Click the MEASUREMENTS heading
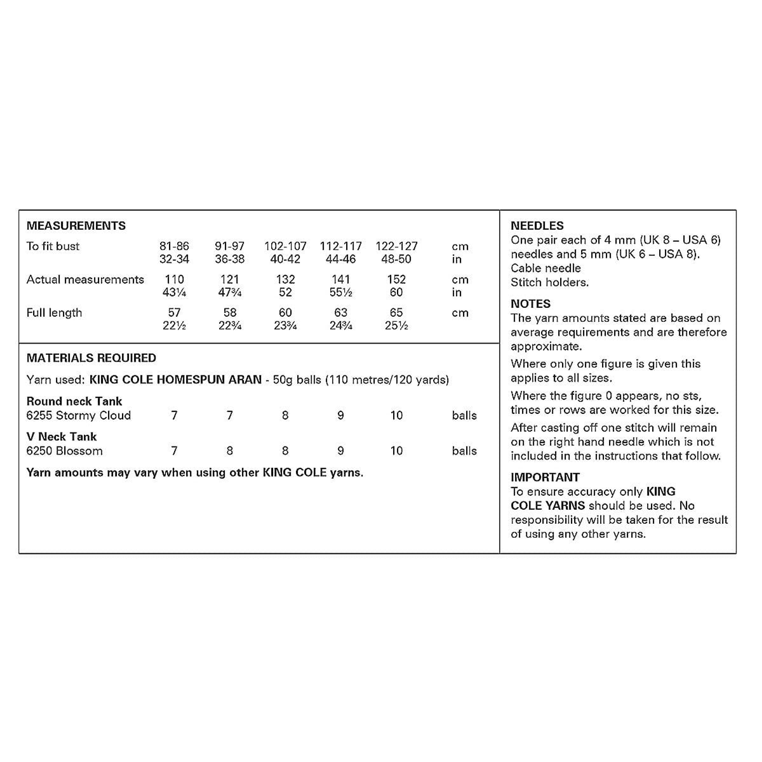(76, 225)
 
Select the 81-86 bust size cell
(174, 246)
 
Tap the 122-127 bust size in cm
(396, 246)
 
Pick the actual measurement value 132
(285, 279)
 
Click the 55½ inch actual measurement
(341, 293)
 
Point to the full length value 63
(341, 312)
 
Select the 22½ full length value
(174, 326)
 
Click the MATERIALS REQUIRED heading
(91, 358)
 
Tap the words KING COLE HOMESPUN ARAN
(176, 380)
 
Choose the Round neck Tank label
(74, 401)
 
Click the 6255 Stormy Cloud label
(79, 415)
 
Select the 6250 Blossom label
(65, 451)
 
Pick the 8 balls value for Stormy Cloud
(285, 415)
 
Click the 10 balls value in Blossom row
(396, 451)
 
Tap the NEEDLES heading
(537, 225)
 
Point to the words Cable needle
(545, 268)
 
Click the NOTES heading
(530, 304)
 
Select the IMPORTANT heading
(545, 477)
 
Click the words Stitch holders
(549, 283)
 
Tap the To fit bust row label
(53, 246)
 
